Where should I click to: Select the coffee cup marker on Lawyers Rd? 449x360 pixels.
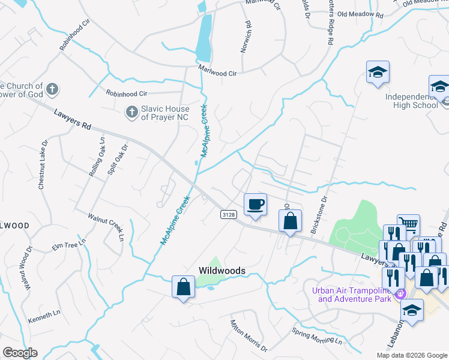(x=256, y=204)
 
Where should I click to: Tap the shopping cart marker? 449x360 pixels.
(x=408, y=226)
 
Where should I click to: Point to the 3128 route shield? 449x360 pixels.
(x=228, y=215)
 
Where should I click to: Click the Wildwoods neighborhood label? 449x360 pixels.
(x=222, y=271)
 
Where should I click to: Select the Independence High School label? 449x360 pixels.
(x=411, y=101)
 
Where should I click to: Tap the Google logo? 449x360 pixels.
(x=20, y=352)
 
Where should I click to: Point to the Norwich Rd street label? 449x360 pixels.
(x=246, y=37)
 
